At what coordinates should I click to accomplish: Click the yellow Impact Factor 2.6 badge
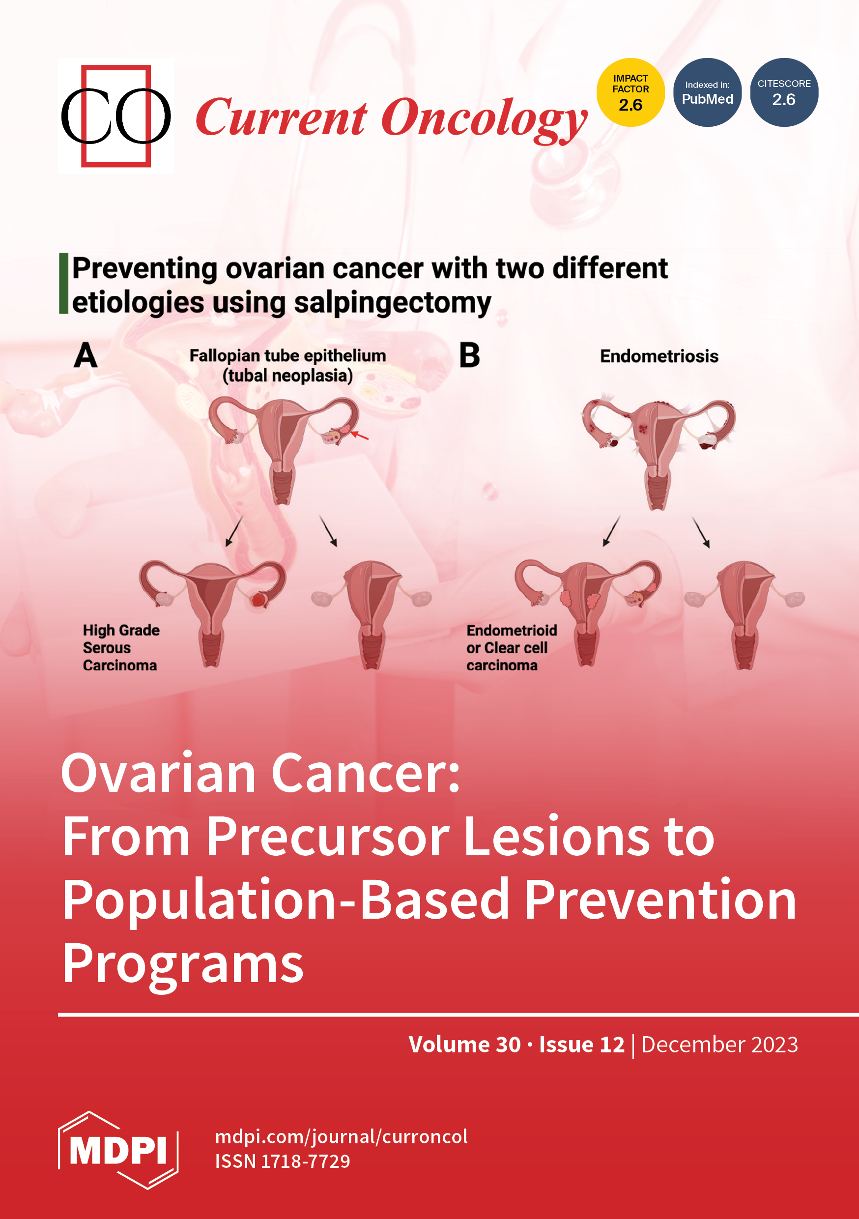[x=630, y=92]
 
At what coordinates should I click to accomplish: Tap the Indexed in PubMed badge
[x=707, y=92]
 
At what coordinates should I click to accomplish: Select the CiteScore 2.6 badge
[x=784, y=92]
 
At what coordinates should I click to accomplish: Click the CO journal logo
[x=116, y=116]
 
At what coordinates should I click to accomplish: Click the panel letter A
[x=86, y=355]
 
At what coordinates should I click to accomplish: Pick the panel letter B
[x=469, y=355]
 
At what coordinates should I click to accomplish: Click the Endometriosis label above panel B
[x=659, y=356]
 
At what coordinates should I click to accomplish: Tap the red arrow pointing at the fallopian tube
[x=359, y=435]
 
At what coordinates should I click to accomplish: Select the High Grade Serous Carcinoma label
[x=121, y=647]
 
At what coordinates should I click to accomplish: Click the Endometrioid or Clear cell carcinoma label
[x=512, y=647]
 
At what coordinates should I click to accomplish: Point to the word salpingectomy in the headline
[x=392, y=303]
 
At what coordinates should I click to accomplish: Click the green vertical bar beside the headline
[x=64, y=284]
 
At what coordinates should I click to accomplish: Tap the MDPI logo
[x=118, y=1151]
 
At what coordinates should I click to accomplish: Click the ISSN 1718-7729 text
[x=283, y=1161]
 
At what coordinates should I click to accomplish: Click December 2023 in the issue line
[x=719, y=1045]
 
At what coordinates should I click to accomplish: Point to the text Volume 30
[x=464, y=1045]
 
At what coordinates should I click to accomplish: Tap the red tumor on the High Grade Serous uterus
[x=258, y=600]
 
